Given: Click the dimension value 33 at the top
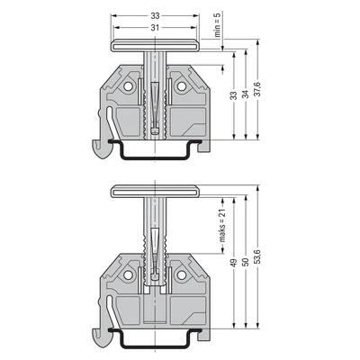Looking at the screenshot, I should click(155, 17).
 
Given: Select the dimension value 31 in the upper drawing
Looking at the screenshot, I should click(155, 28).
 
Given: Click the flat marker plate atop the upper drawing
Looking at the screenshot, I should click(155, 46).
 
